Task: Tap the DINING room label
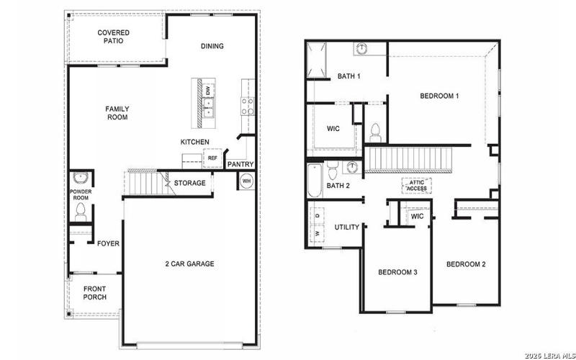point(212,47)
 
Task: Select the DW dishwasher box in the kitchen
point(207,91)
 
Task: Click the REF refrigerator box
point(212,158)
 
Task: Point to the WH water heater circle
point(247,181)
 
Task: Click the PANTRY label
point(240,164)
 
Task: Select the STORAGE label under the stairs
point(189,183)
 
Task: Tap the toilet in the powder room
point(81,212)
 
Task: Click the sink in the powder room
point(80,178)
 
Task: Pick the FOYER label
point(108,243)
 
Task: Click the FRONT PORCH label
point(94,292)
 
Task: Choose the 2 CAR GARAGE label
point(189,264)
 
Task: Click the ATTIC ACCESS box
point(416,186)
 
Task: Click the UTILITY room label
point(347,228)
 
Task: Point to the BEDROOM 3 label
point(398,272)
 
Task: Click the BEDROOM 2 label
point(466,264)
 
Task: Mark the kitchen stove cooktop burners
point(247,107)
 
